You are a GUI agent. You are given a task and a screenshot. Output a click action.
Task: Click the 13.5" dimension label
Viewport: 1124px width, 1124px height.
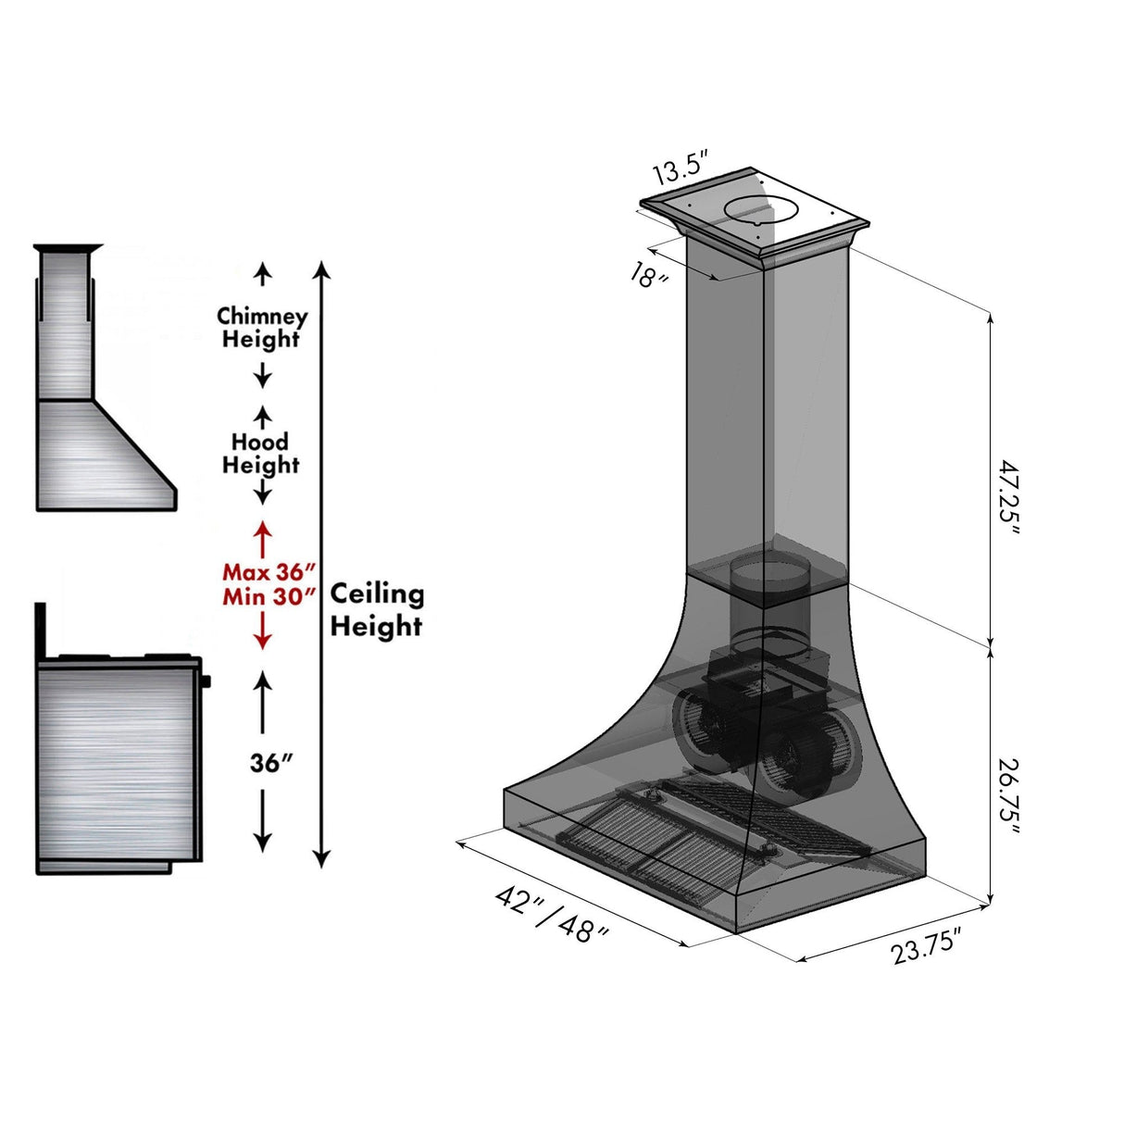[681, 171]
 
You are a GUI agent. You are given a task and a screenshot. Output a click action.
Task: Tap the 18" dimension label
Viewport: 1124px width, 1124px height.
[648, 275]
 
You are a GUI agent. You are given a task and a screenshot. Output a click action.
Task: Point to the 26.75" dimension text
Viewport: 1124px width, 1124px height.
[1008, 797]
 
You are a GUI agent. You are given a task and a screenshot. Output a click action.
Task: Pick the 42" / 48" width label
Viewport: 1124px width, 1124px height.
[552, 915]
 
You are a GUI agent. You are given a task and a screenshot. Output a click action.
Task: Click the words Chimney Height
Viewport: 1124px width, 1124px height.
[262, 328]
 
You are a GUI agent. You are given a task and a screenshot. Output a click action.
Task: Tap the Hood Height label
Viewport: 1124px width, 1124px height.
[260, 454]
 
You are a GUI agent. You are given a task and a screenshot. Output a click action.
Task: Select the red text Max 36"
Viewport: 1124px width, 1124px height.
[269, 572]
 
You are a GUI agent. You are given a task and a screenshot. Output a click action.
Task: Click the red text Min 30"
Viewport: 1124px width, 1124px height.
[269, 597]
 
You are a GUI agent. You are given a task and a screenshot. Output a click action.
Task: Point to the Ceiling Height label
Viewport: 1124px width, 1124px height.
[377, 609]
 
